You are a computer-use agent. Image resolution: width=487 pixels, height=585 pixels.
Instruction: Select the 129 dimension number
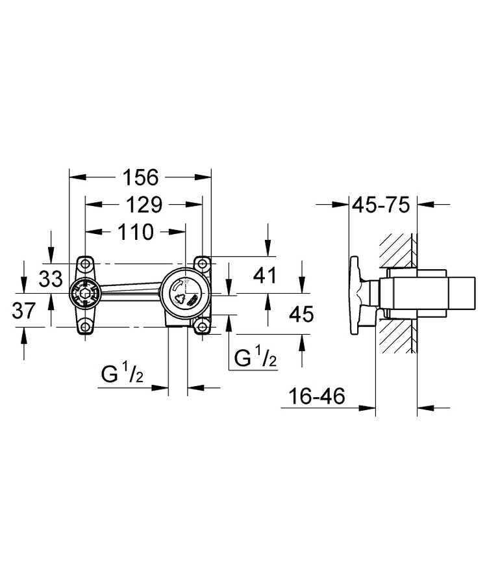144,205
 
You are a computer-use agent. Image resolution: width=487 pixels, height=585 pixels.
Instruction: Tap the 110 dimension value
136,231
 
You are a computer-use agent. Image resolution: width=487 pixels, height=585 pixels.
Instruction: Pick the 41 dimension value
264,276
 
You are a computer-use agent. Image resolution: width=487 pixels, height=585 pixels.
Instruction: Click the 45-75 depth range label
381,205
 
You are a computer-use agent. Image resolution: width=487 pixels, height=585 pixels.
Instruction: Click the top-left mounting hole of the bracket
84,263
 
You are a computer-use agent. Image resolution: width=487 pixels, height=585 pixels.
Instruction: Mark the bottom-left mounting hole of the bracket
84,326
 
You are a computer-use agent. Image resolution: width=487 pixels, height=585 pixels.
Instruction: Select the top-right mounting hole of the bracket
203,263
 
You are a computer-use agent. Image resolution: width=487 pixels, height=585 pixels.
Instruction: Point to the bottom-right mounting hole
203,326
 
